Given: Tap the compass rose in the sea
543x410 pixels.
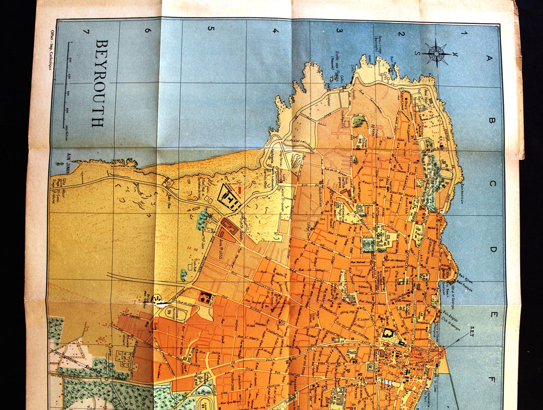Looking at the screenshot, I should pos(436,53).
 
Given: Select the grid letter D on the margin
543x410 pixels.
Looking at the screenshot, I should pos(493,249).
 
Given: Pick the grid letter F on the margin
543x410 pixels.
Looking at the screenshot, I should pos(492,380).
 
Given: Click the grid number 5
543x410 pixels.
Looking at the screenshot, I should pos(211,29).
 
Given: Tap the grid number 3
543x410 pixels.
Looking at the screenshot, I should pos(338,31).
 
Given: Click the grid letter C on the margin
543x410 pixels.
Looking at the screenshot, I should pos(493,184).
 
